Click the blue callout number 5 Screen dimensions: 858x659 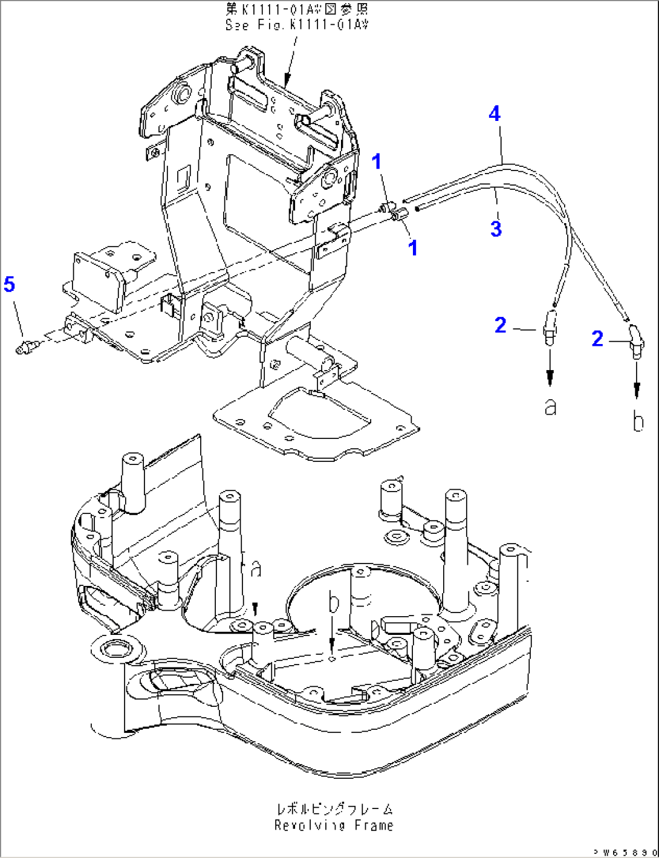(x=10, y=284)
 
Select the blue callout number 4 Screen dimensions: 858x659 (x=495, y=113)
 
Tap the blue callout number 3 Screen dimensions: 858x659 (x=496, y=229)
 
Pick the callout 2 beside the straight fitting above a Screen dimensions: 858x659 (x=500, y=325)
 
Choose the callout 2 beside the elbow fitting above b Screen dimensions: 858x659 (x=597, y=338)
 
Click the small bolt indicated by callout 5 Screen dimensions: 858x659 (x=26, y=346)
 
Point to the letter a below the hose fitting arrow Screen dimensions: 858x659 (x=550, y=407)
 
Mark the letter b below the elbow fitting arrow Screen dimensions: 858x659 (x=637, y=421)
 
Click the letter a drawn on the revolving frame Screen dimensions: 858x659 (x=256, y=568)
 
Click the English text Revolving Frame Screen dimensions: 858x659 (x=333, y=825)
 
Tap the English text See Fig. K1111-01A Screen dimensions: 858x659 (x=296, y=25)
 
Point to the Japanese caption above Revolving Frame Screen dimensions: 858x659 (x=334, y=809)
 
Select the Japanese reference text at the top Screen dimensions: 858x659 (x=296, y=10)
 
